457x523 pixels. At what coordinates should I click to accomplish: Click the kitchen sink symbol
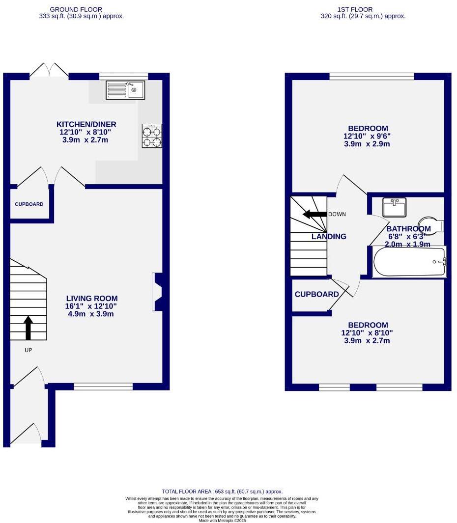[124, 89]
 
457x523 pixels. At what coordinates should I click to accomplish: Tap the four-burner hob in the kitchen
[152, 136]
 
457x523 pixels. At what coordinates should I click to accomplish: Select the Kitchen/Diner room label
[86, 124]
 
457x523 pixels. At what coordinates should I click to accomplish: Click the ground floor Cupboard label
[29, 204]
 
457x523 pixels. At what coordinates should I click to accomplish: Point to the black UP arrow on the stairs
[28, 328]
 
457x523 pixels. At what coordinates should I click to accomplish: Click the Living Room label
[92, 298]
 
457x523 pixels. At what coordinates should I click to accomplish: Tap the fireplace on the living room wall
[159, 292]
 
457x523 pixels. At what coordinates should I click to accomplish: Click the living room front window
[103, 386]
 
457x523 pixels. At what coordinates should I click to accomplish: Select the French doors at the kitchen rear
[49, 71]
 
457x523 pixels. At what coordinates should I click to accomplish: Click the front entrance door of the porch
[29, 435]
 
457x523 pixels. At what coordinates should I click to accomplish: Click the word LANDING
[329, 237]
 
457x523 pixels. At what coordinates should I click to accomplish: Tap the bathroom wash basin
[394, 207]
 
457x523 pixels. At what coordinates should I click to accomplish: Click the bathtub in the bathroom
[409, 262]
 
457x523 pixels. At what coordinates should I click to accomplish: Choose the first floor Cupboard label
[316, 295]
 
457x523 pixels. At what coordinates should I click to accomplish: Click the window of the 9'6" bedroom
[371, 76]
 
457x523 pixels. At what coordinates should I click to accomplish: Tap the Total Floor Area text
[222, 492]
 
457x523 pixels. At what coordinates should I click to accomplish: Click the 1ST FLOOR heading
[355, 9]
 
